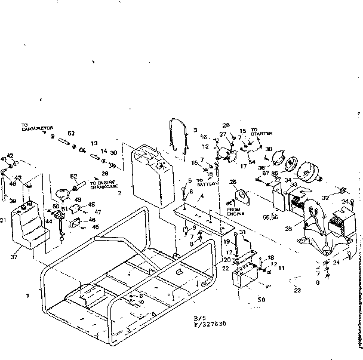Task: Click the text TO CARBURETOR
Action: tap(37, 127)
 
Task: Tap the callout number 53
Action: tap(71, 133)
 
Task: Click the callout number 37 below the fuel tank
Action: tap(14, 257)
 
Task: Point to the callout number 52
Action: tap(74, 177)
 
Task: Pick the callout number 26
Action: tap(233, 181)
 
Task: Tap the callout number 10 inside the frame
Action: tap(140, 302)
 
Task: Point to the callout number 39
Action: tap(12, 202)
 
